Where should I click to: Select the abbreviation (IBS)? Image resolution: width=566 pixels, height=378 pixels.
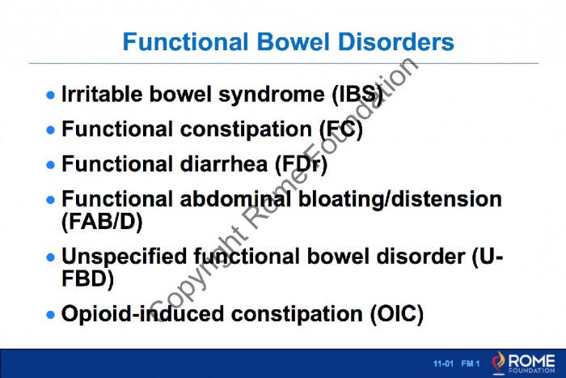pyautogui.click(x=357, y=95)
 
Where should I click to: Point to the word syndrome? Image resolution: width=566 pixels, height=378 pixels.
pyautogui.click(x=272, y=96)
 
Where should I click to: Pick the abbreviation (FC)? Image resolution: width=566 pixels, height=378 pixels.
pyautogui.click(x=341, y=130)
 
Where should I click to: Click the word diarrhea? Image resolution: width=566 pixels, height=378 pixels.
pyautogui.click(x=224, y=164)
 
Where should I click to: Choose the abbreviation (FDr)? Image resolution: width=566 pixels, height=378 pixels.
pyautogui.click(x=302, y=164)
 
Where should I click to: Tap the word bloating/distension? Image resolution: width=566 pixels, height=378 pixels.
pyautogui.click(x=400, y=199)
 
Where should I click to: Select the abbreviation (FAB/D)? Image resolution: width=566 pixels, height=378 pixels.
pyautogui.click(x=102, y=222)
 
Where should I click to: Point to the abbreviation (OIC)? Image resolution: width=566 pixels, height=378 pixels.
pyautogui.click(x=397, y=314)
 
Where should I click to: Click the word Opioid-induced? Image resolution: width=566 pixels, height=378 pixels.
pyautogui.click(x=143, y=314)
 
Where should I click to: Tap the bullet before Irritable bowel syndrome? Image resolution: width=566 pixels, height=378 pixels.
pyautogui.click(x=50, y=96)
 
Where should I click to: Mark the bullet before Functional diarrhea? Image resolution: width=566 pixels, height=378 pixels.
pyautogui.click(x=50, y=165)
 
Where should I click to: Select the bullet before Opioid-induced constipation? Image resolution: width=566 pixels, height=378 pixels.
pyautogui.click(x=50, y=314)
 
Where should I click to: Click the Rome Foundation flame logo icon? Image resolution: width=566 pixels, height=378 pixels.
pyautogui.click(x=499, y=363)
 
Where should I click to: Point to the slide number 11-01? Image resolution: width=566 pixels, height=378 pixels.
pyautogui.click(x=443, y=363)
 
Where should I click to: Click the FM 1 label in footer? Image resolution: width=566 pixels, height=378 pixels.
pyautogui.click(x=471, y=363)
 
